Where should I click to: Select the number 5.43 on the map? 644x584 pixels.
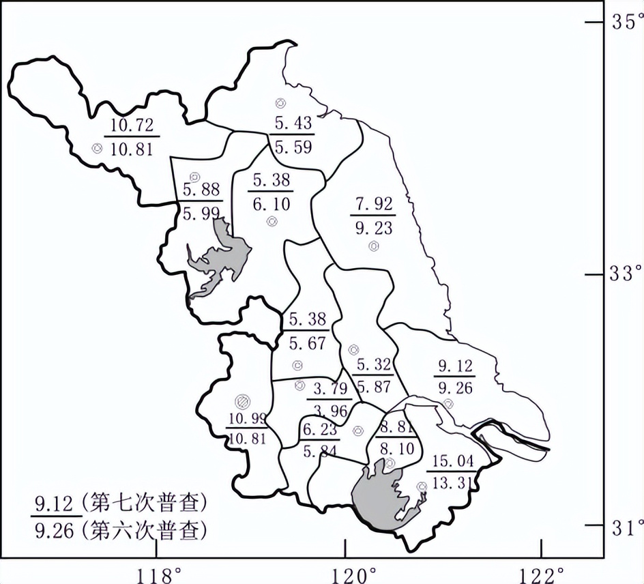pos(293,123)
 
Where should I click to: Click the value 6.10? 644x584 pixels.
pos(272,204)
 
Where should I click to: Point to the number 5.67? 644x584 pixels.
pos(307,343)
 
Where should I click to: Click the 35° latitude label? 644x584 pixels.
pos(624,21)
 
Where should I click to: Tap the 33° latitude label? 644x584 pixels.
pos(624,274)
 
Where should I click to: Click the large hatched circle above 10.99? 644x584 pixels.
pos(241,401)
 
